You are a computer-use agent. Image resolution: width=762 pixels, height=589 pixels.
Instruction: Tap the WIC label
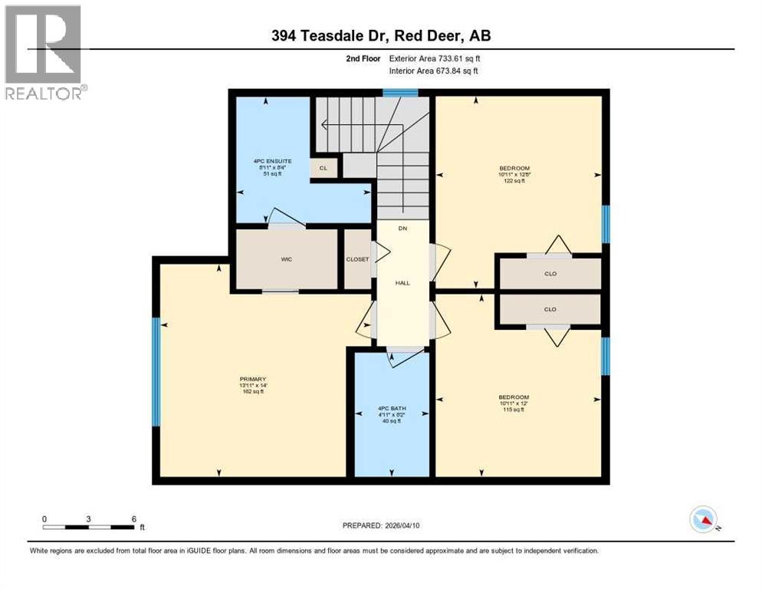(x=287, y=259)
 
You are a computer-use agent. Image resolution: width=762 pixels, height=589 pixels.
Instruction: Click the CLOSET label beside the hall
(x=357, y=259)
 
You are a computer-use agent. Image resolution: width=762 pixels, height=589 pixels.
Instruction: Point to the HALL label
(x=402, y=283)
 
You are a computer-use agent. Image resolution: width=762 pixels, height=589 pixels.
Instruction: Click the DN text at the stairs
(x=402, y=229)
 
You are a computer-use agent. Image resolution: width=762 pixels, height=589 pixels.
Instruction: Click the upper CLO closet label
(x=549, y=273)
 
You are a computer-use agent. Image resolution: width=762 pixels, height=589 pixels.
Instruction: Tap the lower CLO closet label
(x=549, y=310)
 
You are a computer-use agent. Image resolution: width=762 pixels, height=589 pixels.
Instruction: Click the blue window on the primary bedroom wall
(x=156, y=372)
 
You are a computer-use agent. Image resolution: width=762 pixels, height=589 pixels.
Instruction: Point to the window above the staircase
(x=400, y=93)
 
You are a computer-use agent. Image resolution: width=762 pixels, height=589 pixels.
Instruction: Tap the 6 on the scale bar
(x=133, y=518)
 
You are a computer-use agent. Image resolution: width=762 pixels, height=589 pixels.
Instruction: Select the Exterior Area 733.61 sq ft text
(x=435, y=58)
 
